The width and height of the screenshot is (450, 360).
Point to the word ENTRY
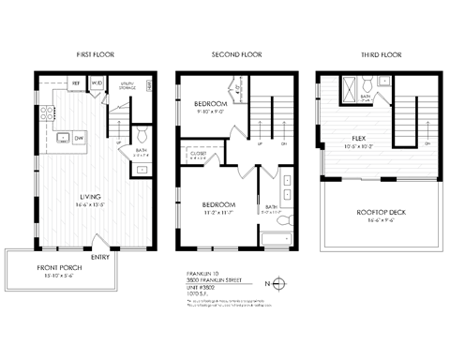pyautogui.click(x=98, y=257)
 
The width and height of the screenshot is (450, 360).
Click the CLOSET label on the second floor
pyautogui.click(x=199, y=153)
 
